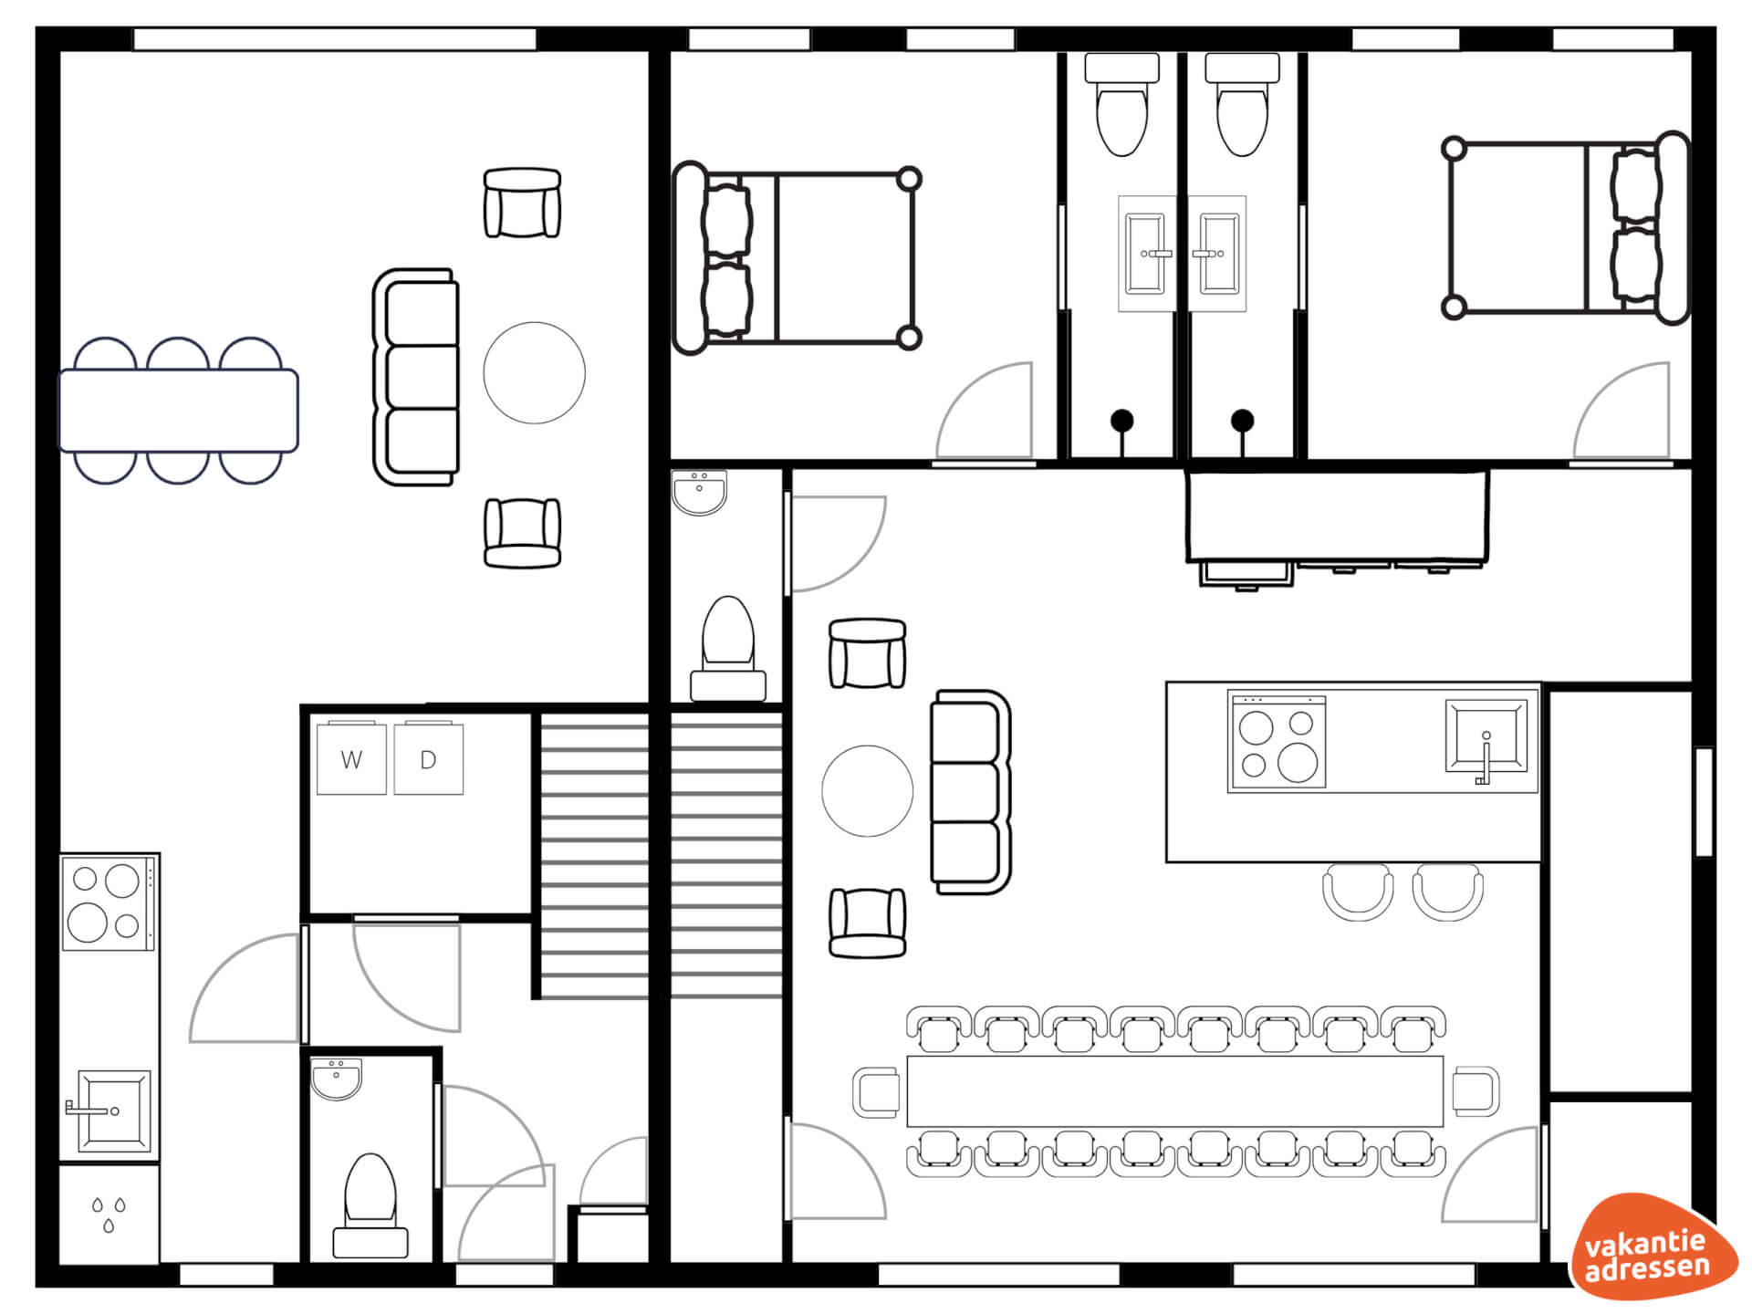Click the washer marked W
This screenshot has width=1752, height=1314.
point(351,758)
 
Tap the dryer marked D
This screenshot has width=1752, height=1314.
point(428,758)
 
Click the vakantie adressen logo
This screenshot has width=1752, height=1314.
point(1653,1247)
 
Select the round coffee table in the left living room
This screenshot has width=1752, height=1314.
point(535,372)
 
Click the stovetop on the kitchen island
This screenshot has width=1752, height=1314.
point(1277,741)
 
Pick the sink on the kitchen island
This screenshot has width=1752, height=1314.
point(1486,737)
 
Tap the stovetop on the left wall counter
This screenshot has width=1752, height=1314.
point(109,902)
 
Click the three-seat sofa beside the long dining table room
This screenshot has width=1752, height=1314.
point(971,791)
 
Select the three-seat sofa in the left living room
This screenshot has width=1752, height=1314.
point(416,377)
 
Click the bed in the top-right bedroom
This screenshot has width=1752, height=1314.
point(1566,228)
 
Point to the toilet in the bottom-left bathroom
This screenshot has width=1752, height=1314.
point(370,1204)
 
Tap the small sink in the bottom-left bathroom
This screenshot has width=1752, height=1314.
point(337,1079)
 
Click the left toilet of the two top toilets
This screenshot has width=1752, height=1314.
point(1121,104)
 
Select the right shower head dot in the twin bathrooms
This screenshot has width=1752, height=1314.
point(1242,421)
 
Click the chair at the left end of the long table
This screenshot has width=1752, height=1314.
point(877,1091)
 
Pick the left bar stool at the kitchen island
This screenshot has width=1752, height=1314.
point(1358,893)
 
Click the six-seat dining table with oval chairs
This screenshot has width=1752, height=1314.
point(179,411)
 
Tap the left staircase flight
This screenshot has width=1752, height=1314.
point(594,856)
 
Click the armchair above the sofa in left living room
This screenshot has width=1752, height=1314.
point(522,203)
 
